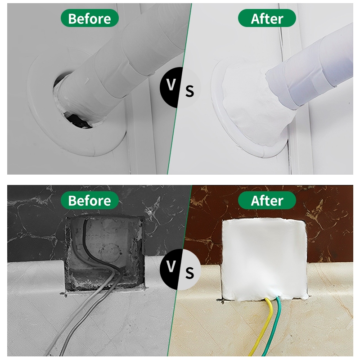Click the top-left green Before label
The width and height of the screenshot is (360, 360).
click(x=90, y=18)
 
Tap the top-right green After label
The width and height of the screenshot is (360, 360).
click(x=267, y=18)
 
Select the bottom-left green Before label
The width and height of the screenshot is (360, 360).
click(x=90, y=200)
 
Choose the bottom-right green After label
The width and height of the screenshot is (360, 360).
click(x=267, y=200)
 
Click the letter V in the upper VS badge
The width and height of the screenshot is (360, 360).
click(x=171, y=85)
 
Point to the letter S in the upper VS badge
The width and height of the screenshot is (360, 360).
click(x=189, y=91)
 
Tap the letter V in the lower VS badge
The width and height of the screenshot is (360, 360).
click(x=171, y=266)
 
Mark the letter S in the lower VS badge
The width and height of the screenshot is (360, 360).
click(x=189, y=273)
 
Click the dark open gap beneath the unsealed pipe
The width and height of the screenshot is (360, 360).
click(x=77, y=119)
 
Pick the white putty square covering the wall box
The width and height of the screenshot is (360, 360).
click(x=264, y=260)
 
